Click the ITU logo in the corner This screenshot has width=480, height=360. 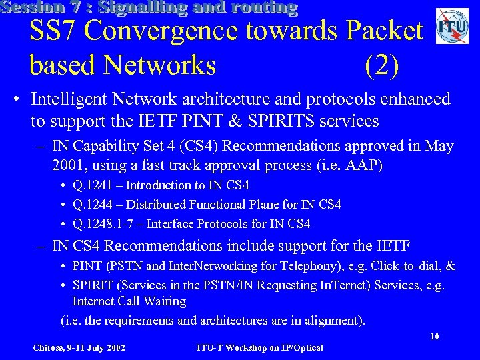coord(452,27)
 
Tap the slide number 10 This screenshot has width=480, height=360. coord(434,337)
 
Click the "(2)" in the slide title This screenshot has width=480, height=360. coord(382,65)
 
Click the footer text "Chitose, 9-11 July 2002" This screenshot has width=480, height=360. coord(80,347)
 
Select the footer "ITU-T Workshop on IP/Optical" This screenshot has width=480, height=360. coord(260,347)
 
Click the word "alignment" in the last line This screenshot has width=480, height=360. coord(333,320)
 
